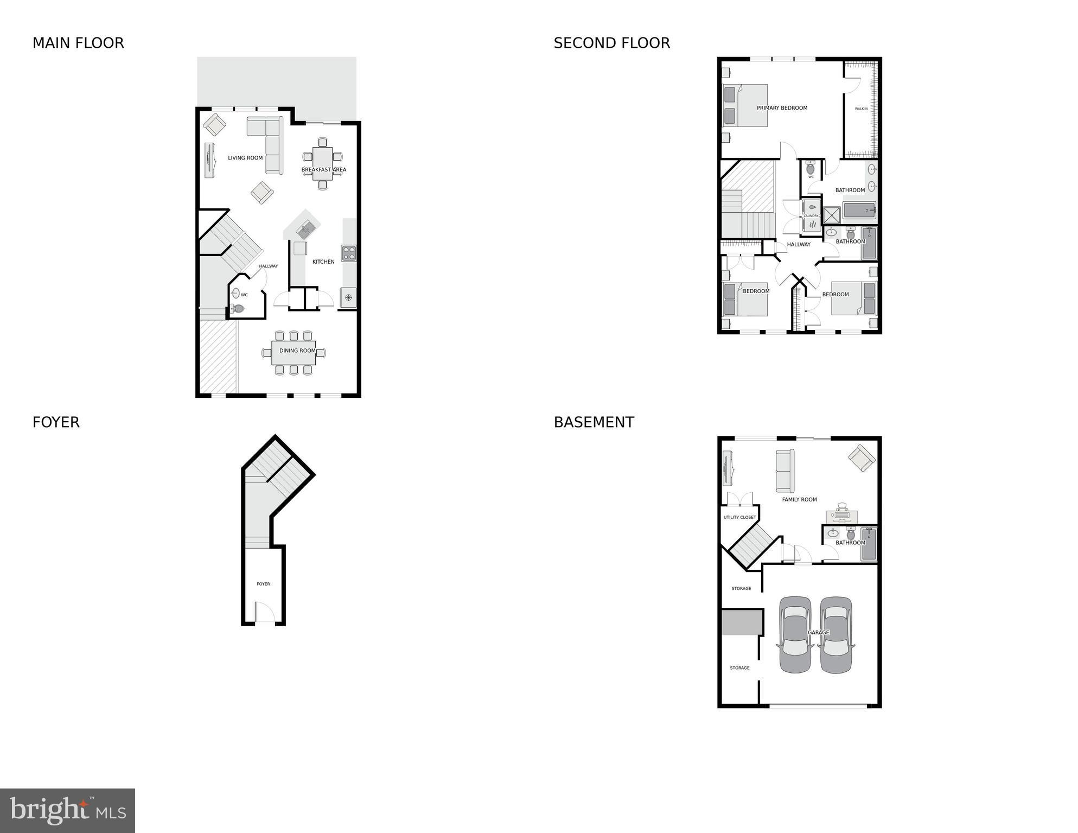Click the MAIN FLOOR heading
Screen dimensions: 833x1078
point(78,43)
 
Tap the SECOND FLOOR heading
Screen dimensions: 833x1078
point(611,43)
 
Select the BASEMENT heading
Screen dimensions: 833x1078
point(594,423)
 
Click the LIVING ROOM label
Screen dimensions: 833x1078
point(245,158)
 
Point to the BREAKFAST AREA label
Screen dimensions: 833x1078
point(323,170)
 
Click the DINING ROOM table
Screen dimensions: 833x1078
point(294,353)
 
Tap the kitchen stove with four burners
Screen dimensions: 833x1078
point(348,253)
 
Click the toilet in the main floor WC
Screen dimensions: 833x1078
point(238,309)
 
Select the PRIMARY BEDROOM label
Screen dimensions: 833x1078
point(782,108)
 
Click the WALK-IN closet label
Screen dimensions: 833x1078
point(861,109)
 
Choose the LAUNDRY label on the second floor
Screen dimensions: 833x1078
point(811,216)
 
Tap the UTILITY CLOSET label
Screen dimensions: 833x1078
point(739,517)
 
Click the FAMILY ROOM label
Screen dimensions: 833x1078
point(799,500)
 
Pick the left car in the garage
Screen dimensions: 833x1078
point(795,635)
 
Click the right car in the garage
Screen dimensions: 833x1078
point(836,635)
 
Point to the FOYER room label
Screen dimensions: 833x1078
point(263,584)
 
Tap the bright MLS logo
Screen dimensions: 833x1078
point(67,810)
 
